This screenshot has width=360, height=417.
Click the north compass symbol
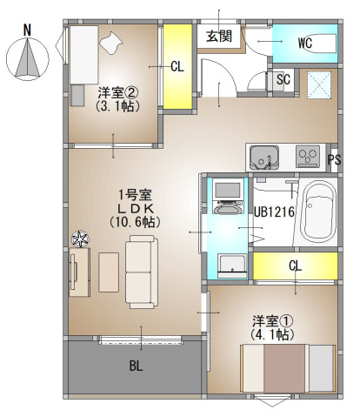pos(27,57)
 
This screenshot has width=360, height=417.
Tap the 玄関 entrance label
pos(218,36)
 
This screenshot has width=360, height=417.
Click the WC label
pos(304,42)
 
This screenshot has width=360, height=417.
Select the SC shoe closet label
pos(283,78)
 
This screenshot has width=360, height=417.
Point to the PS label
pos(335,160)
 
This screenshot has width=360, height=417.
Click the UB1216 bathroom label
pos(274,211)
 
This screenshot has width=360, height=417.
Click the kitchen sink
pos(263,158)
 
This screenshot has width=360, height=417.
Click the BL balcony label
pos(136,366)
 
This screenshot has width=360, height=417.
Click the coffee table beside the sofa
pos(109,271)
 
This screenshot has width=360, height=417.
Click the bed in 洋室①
pos(287,368)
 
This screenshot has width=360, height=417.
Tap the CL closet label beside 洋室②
pos(177,66)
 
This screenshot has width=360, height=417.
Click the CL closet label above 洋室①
pos(295,266)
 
